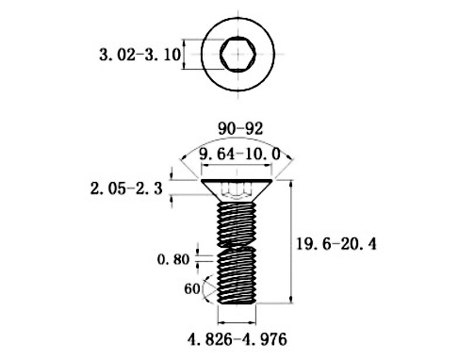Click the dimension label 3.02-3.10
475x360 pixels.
139,55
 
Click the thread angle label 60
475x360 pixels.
192,289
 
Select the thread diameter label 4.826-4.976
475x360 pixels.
238,335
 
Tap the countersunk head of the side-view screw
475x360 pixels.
237,189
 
